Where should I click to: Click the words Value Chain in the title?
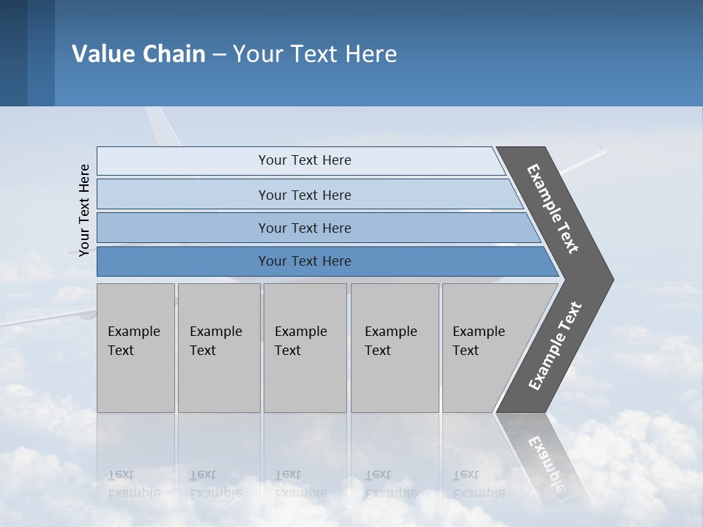[138, 54]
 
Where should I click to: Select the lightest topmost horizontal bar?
[304, 160]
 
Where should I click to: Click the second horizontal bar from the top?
[304, 195]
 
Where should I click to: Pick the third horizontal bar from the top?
[304, 228]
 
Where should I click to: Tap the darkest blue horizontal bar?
[304, 261]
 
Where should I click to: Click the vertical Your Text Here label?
[84, 209]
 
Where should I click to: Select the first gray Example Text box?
[135, 347]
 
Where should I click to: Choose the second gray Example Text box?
[218, 347]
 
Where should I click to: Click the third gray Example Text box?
[304, 347]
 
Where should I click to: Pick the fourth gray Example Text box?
[394, 347]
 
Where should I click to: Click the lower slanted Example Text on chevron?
[555, 345]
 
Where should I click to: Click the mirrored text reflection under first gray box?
[133, 484]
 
